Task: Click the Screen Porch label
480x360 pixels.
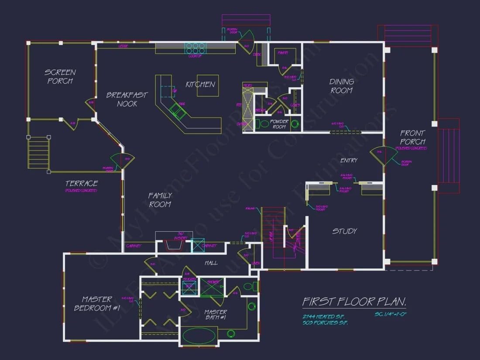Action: pos(60,76)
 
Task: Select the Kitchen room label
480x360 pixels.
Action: pos(200,84)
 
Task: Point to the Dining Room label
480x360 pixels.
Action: pos(342,86)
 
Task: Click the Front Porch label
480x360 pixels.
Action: pos(412,137)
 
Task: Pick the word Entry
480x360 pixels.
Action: pos(349,161)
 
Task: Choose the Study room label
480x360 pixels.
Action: pos(345,231)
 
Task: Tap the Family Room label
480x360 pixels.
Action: pos(160,200)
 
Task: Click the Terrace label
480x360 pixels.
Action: pos(82,184)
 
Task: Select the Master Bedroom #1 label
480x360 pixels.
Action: pos(97,304)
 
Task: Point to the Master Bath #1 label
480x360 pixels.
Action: pos(216,315)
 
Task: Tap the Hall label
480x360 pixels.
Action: pos(211,263)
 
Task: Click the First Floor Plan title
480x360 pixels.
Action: pos(354,302)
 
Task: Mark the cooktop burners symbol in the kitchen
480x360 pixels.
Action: pos(195,47)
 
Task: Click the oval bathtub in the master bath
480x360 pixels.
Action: pos(199,336)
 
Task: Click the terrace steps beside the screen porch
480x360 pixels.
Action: pos(38,152)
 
